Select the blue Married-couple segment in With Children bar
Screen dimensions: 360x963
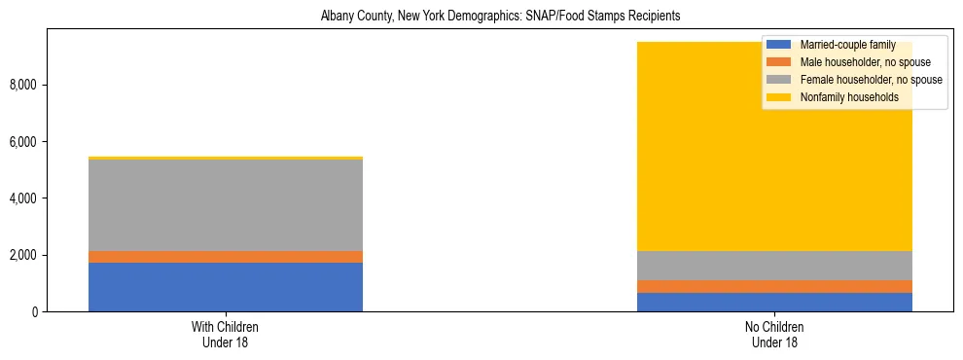click(226, 287)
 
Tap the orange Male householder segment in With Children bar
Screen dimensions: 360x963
click(226, 257)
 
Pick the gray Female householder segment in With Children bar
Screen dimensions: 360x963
click(226, 204)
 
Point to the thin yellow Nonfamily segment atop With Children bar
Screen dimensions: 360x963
click(226, 158)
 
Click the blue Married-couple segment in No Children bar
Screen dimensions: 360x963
click(774, 302)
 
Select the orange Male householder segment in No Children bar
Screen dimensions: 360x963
click(774, 286)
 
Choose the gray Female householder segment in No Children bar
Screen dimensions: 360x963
click(774, 266)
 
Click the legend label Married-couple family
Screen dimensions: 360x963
click(847, 45)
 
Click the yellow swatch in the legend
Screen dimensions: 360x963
click(779, 97)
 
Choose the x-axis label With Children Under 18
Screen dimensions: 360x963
click(226, 334)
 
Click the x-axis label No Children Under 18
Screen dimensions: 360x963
click(774, 334)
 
